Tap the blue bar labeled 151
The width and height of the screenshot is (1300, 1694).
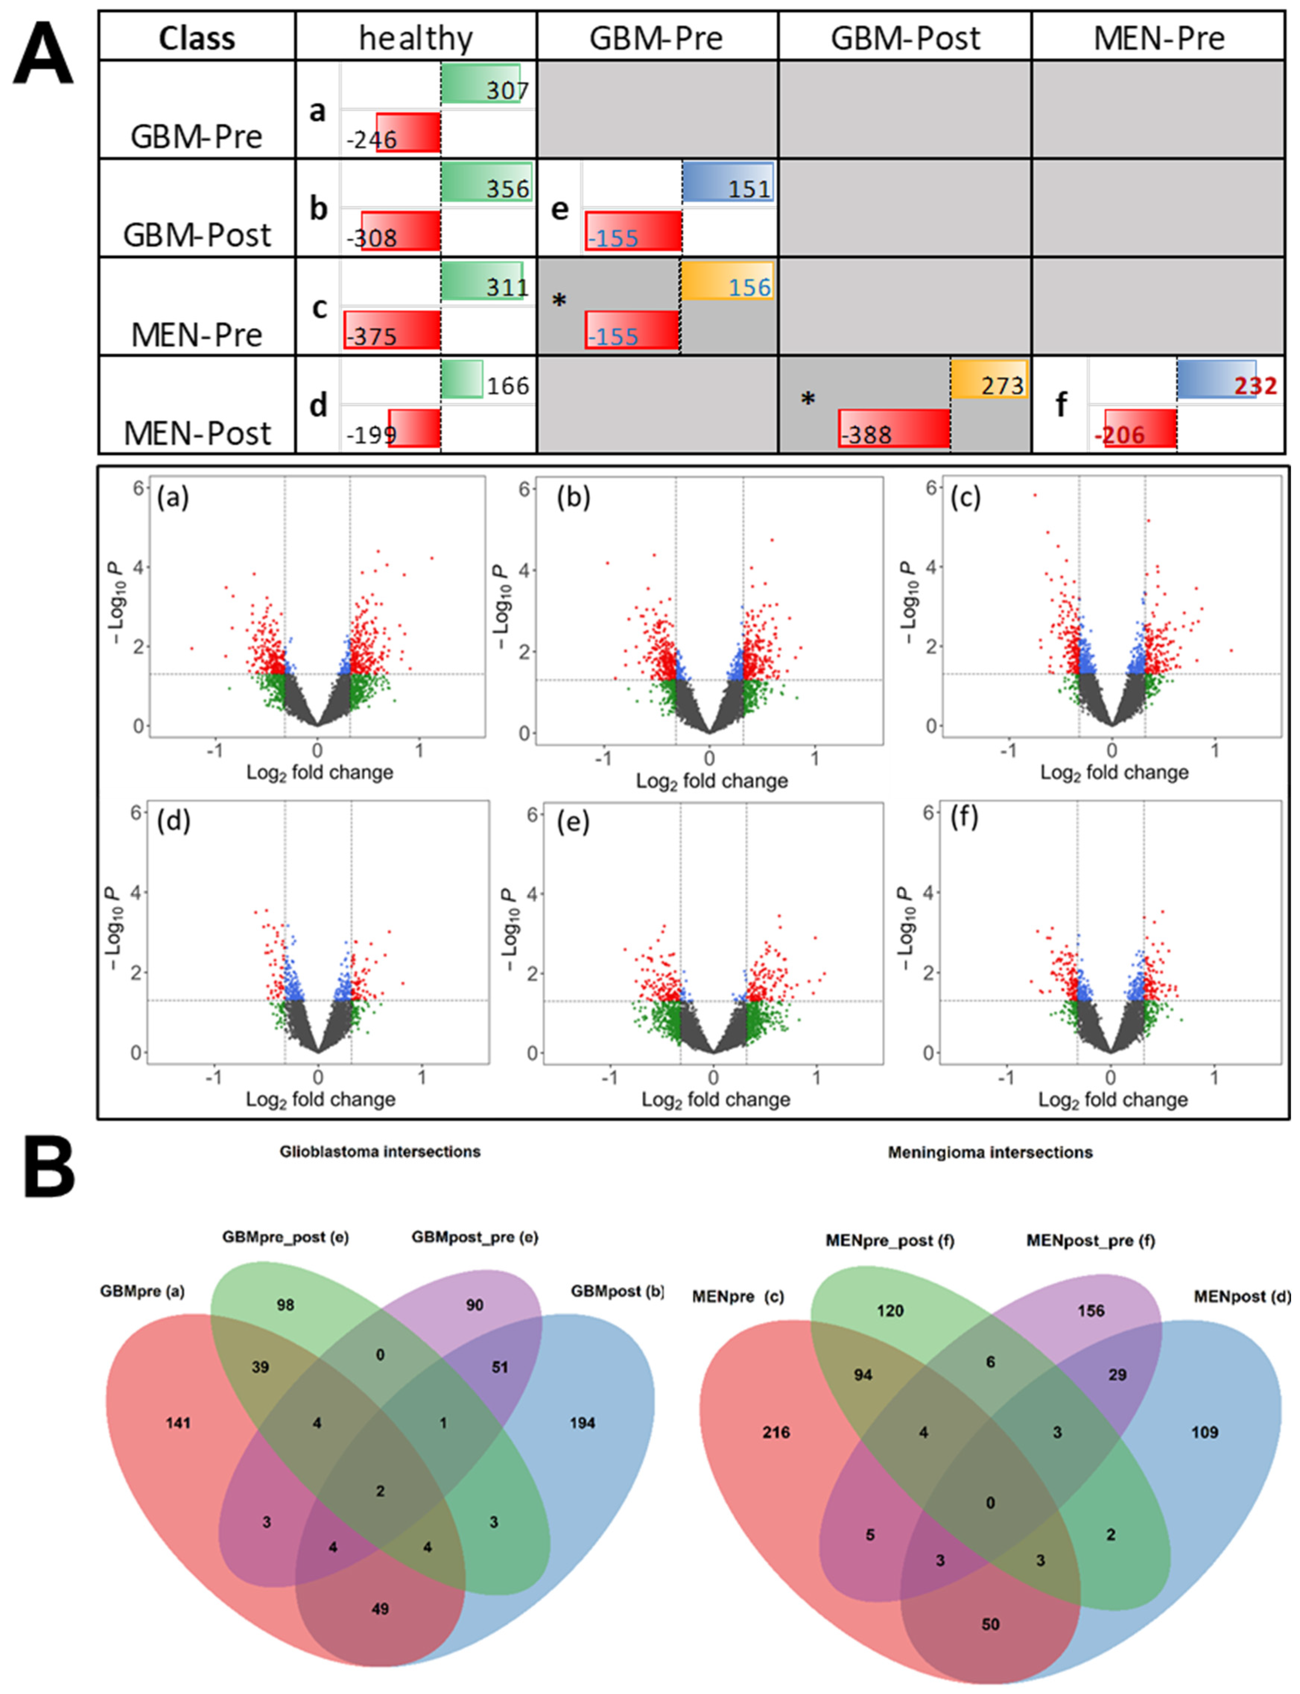tap(727, 183)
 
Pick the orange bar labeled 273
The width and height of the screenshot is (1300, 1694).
tap(989, 379)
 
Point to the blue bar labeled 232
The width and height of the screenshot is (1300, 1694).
tap(1217, 379)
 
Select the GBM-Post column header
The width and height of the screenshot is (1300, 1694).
tap(904, 37)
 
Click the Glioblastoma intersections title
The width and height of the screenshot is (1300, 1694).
tap(380, 1151)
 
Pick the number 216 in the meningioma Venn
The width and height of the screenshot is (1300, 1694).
tap(776, 1432)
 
